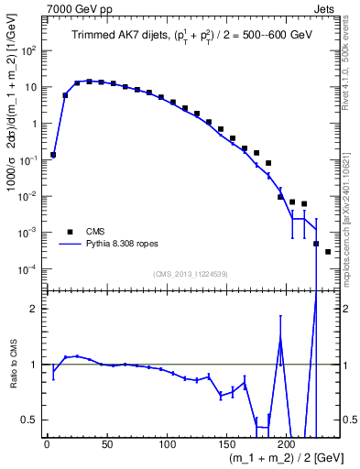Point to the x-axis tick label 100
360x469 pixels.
(167, 445)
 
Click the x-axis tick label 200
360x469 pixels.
(287, 445)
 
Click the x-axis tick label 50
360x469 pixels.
(106, 445)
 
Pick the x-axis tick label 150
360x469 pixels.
(226, 445)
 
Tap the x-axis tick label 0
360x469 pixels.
(47, 445)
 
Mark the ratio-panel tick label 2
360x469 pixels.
(34, 309)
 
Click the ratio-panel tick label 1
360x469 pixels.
(34, 365)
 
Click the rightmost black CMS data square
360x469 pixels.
(328, 251)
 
